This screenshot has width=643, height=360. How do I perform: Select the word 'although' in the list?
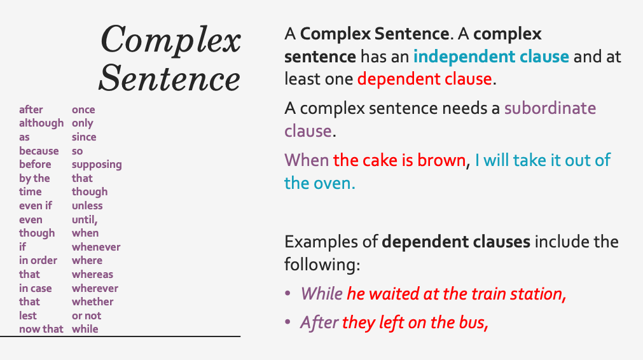[41, 123]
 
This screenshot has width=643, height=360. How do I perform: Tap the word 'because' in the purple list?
[39, 151]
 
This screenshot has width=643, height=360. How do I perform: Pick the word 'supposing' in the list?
[97, 165]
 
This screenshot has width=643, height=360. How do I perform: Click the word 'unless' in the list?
[87, 205]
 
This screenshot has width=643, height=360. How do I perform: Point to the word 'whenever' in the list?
[96, 247]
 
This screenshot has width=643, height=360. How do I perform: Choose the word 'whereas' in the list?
[92, 274]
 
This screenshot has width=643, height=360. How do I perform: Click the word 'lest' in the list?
[28, 315]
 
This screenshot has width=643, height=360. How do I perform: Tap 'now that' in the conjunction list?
[41, 329]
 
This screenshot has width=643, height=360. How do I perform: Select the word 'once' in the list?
[83, 109]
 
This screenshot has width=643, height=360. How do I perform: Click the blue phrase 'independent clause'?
[491, 57]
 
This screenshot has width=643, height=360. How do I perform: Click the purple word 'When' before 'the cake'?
[307, 160]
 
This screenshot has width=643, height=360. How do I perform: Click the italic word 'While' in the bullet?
[322, 293]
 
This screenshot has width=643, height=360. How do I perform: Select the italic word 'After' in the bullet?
[319, 322]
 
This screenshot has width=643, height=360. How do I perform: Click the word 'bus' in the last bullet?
[471, 322]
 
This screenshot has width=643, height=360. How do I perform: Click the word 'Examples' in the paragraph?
[330, 242]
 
